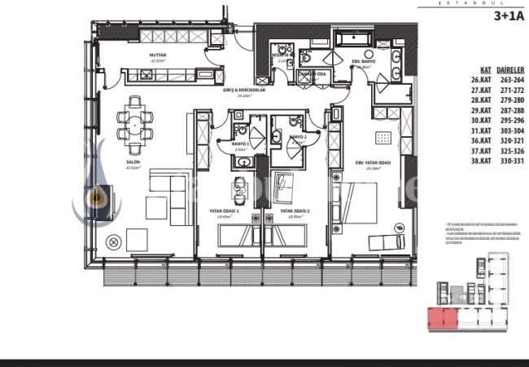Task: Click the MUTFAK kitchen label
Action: tap(158, 55)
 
